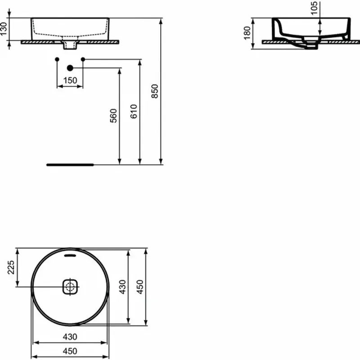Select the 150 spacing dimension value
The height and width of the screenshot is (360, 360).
[x=70, y=81]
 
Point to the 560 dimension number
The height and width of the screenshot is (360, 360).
[x=113, y=116]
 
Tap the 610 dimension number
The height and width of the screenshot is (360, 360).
[x=134, y=111]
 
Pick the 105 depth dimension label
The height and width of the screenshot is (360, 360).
[x=315, y=8]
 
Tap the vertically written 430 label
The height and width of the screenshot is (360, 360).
[x=123, y=287]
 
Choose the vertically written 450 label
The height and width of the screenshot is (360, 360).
[x=140, y=287]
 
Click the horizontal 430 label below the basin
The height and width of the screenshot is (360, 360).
[x=70, y=336]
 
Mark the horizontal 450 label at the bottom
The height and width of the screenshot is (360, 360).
[x=70, y=351]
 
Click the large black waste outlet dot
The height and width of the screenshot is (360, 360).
[x=70, y=68]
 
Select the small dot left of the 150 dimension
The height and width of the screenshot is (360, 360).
[x=57, y=59]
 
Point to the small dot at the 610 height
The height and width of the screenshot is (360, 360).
[x=83, y=59]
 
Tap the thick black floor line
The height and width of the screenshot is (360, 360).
[x=70, y=165]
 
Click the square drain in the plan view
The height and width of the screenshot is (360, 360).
[x=70, y=286]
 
